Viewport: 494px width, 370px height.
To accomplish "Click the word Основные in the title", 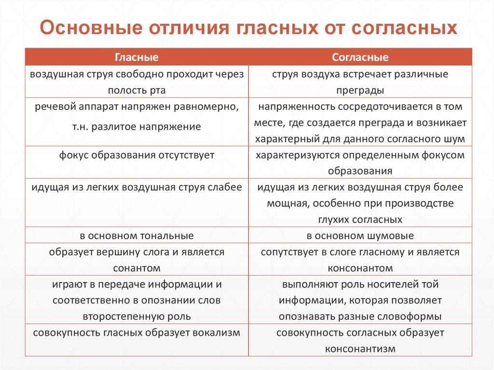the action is (x=91, y=27).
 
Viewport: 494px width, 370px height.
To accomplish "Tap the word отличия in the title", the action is (x=189, y=27).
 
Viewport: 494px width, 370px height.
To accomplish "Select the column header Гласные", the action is (x=137, y=57).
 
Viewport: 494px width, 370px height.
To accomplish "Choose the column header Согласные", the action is (x=360, y=57).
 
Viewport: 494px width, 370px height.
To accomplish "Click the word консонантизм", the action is (x=360, y=349).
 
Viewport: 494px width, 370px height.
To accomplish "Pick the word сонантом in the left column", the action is (x=137, y=268).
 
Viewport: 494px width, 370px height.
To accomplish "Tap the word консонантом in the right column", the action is (x=360, y=268).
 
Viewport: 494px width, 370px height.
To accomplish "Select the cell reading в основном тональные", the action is (x=137, y=236).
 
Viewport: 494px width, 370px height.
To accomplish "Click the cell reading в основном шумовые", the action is (x=360, y=236).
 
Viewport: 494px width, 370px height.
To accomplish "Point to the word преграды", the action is (x=360, y=91).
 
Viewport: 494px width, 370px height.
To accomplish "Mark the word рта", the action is (x=158, y=91).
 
